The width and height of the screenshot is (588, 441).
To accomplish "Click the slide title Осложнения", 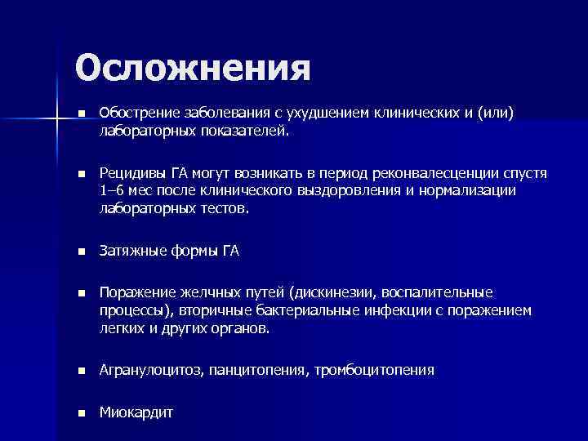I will click(193, 68).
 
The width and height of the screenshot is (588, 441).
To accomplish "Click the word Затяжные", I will click(130, 252).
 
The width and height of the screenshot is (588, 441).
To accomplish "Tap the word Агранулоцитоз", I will click(151, 371).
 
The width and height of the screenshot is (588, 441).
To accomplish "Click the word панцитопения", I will click(256, 371).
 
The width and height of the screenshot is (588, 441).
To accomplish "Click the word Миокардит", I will click(136, 412).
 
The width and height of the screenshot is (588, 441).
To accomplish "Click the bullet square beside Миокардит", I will click(81, 412).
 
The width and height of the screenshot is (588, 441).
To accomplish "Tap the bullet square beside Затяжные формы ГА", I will click(81, 252).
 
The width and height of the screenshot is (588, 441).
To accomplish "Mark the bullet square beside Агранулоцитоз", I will click(81, 371).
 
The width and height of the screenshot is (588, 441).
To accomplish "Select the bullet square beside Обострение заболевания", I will click(81, 114).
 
